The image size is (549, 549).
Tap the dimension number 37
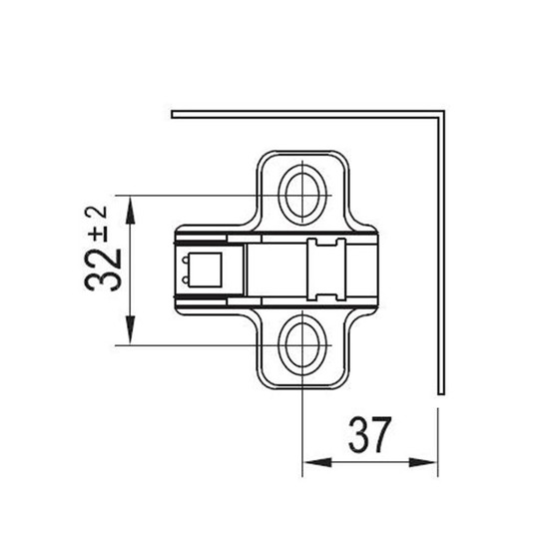(369, 434)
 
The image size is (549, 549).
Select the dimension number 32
(103, 270)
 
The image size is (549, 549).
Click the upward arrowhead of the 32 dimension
(130, 211)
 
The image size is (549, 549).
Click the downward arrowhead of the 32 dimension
(130, 329)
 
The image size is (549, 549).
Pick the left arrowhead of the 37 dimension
(316, 462)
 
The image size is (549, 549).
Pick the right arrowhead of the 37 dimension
(423, 462)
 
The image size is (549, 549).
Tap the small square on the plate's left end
(205, 270)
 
